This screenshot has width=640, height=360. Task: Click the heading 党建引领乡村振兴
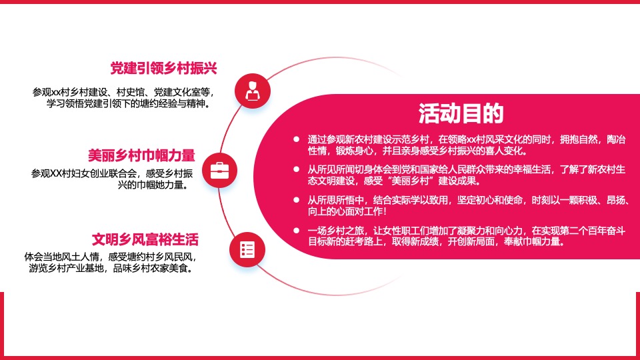[164, 69]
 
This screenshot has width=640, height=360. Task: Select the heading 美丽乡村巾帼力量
[141, 155]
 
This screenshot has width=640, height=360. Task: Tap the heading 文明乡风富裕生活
[145, 239]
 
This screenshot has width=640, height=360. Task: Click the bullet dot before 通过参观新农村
[297, 139]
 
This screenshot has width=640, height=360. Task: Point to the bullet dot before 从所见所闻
[297, 169]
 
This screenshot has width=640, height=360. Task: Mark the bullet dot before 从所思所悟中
[297, 199]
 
